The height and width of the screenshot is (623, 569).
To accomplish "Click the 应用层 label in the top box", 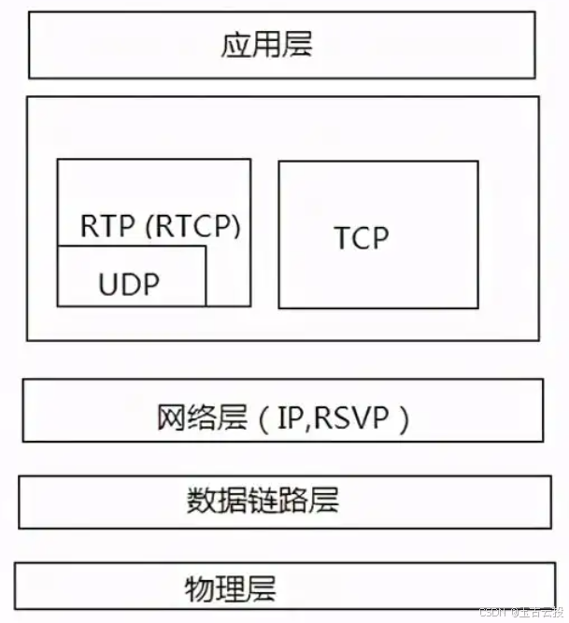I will (x=267, y=45).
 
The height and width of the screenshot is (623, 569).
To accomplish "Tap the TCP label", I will (x=362, y=238).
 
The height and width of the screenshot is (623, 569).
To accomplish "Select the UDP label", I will (x=129, y=285).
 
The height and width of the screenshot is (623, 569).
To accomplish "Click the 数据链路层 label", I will (x=263, y=501).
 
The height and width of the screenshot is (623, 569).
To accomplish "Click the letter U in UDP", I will (x=107, y=285).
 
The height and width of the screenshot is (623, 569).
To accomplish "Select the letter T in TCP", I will (x=342, y=238).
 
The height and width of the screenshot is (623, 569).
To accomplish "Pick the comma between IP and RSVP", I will (x=306, y=425).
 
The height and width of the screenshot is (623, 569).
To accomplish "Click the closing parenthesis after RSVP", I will (x=404, y=419).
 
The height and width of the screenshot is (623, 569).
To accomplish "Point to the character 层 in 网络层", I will (x=233, y=418).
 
